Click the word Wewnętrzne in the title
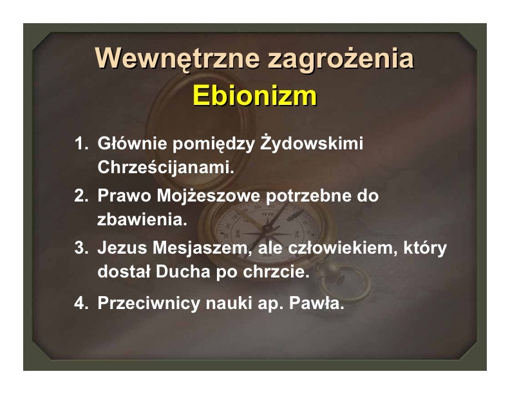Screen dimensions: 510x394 coord(177,59)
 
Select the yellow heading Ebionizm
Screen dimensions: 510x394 coord(254,95)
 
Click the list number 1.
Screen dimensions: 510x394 coord(81,144)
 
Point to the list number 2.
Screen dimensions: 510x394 coord(81,196)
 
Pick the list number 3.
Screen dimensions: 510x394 coord(81,248)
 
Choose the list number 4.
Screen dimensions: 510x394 coord(81,303)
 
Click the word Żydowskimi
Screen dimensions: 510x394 coord(312,144)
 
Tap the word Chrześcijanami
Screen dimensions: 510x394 coord(166,168)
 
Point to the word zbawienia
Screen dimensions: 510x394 coord(142,220)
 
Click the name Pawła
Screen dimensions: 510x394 coord(316,303)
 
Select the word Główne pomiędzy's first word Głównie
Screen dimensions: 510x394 coord(132,144)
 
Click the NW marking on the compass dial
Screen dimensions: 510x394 coord(268,214)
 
